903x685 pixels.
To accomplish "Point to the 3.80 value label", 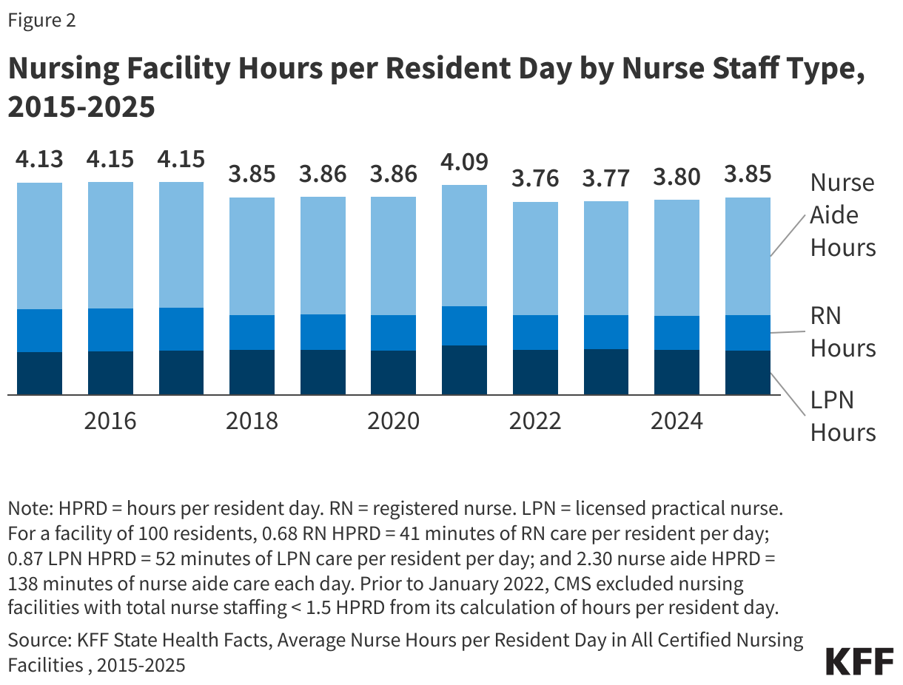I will [677, 177].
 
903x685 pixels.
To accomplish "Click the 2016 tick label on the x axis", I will [110, 421].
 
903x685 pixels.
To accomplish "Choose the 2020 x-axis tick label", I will [393, 421].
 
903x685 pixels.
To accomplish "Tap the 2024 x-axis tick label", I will [677, 421].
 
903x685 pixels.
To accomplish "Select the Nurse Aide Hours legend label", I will [842, 215].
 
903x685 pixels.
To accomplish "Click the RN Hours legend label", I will [842, 332].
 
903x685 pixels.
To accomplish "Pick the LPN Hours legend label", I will [842, 416].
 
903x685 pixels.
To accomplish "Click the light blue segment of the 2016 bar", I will [110, 244].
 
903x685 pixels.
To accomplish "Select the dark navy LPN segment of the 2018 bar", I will [252, 372].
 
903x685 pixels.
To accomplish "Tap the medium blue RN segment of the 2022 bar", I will [535, 332].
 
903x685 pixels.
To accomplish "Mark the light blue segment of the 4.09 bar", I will [464, 245].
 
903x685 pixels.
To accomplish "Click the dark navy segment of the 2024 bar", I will [677, 372].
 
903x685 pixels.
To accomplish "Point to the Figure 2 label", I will [41, 21].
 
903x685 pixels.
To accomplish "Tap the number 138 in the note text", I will [22, 583].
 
